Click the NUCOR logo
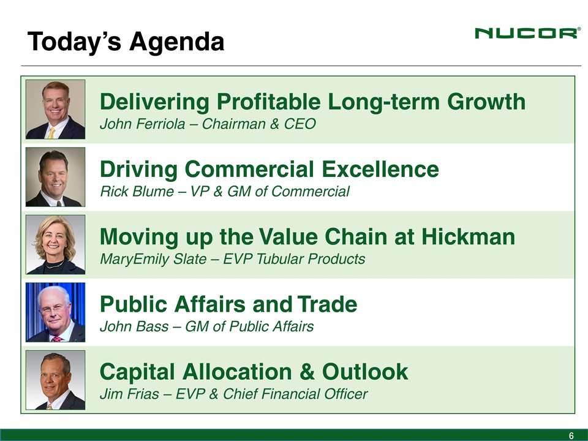(x=527, y=33)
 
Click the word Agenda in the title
(x=176, y=41)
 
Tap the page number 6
(x=571, y=435)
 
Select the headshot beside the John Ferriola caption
(x=56, y=109)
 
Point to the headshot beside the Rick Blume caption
(x=56, y=176)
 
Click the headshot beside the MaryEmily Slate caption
(x=56, y=244)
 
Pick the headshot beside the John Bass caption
(x=56, y=312)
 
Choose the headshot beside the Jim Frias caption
(x=56, y=380)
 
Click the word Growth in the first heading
(x=486, y=101)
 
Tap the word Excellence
(x=380, y=169)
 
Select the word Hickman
(x=468, y=236)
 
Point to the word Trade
(x=327, y=304)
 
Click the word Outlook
(x=365, y=371)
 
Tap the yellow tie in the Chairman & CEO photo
(x=51, y=133)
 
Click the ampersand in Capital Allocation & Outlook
(x=307, y=372)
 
